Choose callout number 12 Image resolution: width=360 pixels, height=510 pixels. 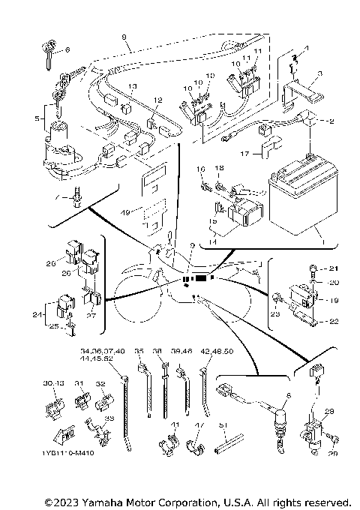click(157, 100)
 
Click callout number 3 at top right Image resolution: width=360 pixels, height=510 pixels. click(319, 73)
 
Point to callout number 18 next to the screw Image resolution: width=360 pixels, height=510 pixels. click(219, 169)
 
